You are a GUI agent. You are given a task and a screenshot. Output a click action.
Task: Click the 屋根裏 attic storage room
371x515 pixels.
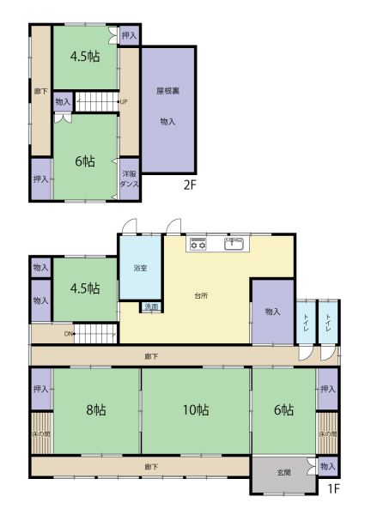[x=168, y=110]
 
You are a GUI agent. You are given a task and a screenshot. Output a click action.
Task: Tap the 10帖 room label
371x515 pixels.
[x=196, y=410]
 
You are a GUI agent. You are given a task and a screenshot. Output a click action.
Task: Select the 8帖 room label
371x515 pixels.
[x=96, y=410]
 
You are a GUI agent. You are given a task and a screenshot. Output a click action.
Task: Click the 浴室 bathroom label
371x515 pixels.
[x=140, y=268]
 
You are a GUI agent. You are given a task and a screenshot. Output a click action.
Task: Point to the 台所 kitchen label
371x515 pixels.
[x=201, y=295]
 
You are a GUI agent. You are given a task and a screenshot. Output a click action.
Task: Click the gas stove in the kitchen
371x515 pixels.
[x=198, y=244]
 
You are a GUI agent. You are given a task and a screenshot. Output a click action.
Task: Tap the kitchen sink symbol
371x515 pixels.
[x=234, y=244]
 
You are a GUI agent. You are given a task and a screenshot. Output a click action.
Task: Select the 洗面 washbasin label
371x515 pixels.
[x=151, y=307]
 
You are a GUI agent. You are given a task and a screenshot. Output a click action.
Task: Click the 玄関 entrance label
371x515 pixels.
[x=283, y=473]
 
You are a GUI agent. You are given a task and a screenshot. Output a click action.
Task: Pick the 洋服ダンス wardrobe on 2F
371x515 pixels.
[x=129, y=179]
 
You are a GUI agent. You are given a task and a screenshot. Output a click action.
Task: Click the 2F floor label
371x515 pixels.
[x=190, y=185]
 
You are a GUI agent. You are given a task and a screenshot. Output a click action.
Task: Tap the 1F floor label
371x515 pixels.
[x=333, y=488]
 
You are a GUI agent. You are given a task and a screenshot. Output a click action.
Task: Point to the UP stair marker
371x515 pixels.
[x=123, y=102]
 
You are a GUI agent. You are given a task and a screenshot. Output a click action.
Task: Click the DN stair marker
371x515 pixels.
[x=69, y=334]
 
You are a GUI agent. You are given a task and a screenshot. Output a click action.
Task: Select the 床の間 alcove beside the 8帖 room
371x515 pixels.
[x=41, y=433]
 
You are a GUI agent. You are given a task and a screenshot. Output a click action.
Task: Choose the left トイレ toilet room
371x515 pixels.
[x=306, y=323]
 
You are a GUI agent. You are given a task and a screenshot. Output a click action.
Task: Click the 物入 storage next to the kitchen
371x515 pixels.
[x=272, y=312]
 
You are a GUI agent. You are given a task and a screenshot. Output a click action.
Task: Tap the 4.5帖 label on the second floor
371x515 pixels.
[x=85, y=57]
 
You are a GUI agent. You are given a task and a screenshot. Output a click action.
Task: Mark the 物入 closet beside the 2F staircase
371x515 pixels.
[x=63, y=102]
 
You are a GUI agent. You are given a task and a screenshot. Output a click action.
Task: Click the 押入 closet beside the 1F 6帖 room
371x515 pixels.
[x=327, y=389]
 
